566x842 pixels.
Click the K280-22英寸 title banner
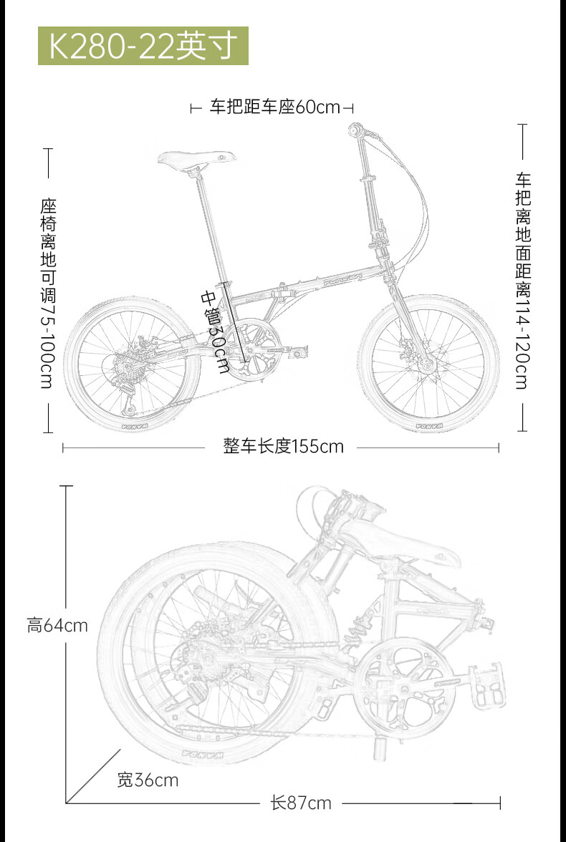pos(143,46)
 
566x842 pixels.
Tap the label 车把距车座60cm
pos(274,107)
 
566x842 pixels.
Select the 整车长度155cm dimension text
pos(283,447)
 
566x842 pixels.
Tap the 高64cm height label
pos(57,625)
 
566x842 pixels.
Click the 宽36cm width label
pos(148,780)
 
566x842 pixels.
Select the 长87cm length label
pos(301,803)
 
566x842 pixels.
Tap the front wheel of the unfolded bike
pos(428,364)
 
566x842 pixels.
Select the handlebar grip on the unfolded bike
pos(355,130)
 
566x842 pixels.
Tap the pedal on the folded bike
pos(488,687)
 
